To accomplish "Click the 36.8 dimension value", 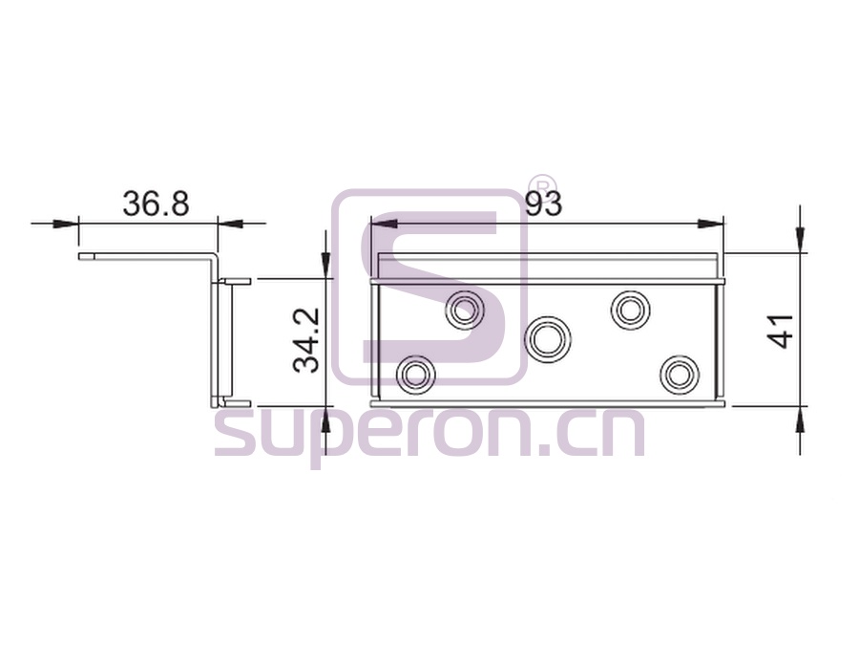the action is (156, 204).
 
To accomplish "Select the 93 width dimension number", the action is (543, 204).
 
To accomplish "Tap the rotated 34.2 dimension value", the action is (306, 340).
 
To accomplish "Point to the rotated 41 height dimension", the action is (781, 331).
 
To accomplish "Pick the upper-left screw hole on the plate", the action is (465, 311).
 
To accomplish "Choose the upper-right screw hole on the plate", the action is (630, 311).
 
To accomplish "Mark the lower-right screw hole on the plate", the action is (680, 376).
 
